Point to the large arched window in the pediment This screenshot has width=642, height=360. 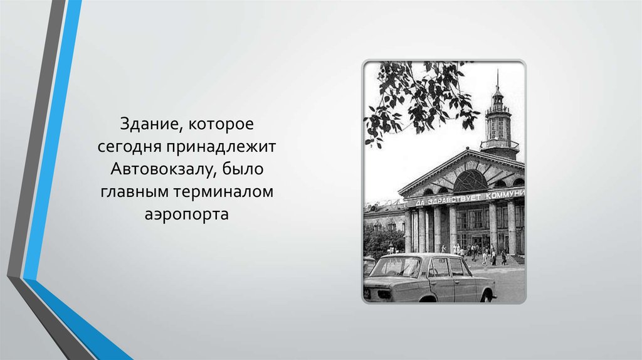pyautogui.click(x=470, y=181)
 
